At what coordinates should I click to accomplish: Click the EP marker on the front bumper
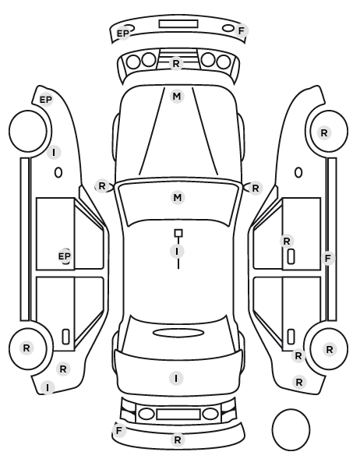click(x=123, y=34)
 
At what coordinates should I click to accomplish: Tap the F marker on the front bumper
click(x=241, y=30)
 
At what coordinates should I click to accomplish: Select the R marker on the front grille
click(x=176, y=64)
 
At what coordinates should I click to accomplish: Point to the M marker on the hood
click(x=177, y=97)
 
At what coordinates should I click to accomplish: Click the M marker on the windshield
click(x=178, y=198)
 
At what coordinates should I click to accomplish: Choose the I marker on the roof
click(x=177, y=252)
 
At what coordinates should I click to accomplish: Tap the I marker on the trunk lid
click(x=176, y=379)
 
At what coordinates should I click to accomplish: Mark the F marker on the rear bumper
click(x=119, y=431)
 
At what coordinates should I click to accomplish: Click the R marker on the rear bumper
click(x=178, y=440)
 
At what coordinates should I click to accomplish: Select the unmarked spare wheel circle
click(x=291, y=429)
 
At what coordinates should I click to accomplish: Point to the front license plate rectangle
click(x=178, y=24)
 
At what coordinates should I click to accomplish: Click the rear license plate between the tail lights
click(x=178, y=415)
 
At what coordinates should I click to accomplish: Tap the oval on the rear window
click(x=178, y=333)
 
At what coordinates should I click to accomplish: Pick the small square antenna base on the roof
click(x=178, y=233)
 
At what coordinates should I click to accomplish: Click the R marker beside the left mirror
click(x=102, y=186)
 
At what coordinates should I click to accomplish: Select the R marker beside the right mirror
click(x=256, y=189)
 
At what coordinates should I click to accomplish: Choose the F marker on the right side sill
click(x=328, y=259)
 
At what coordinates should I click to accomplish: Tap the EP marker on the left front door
click(x=65, y=256)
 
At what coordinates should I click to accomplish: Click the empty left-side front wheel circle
click(x=28, y=131)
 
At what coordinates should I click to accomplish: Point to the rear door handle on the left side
click(x=65, y=337)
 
